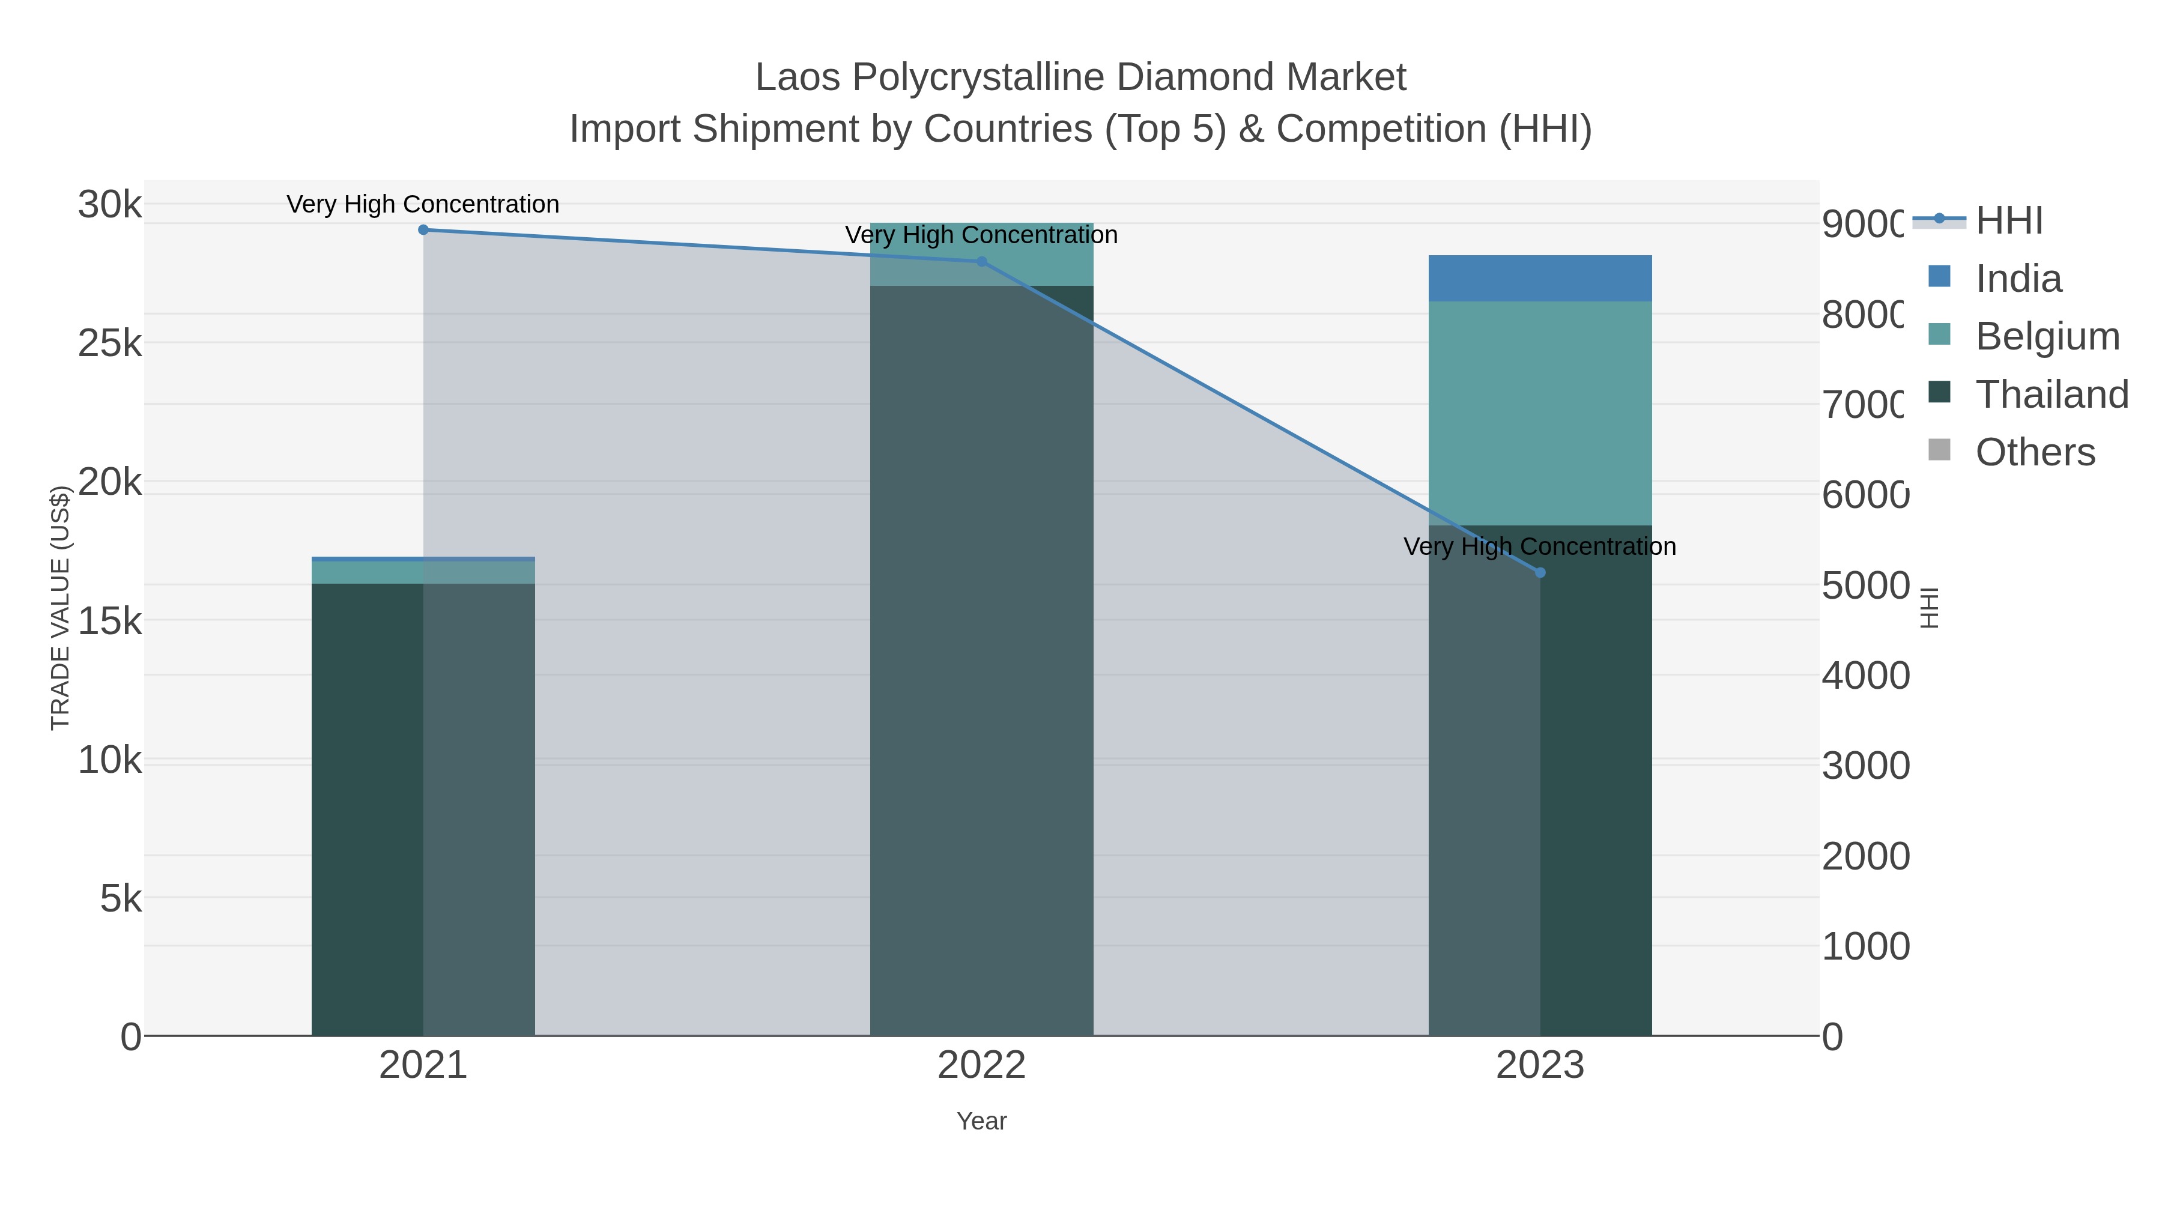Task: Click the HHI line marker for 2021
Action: (423, 230)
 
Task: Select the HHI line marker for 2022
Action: (982, 262)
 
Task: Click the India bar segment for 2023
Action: (1540, 278)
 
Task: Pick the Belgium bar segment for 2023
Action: (1540, 413)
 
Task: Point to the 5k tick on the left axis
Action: (121, 899)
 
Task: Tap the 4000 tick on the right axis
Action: (1865, 676)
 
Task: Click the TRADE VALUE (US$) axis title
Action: (61, 608)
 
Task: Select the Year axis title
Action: (982, 1121)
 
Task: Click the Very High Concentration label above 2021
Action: (423, 204)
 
